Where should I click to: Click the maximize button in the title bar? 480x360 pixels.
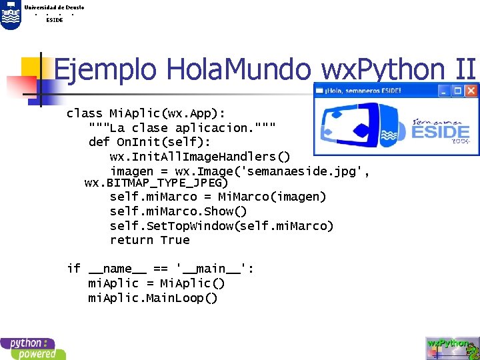[458, 90]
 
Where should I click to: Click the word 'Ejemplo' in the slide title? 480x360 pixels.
[106, 69]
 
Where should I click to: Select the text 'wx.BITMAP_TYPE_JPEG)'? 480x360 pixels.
[157, 182]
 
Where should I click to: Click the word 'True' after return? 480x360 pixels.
[175, 240]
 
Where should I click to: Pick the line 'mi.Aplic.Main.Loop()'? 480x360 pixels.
[153, 297]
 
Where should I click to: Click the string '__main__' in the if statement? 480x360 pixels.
[211, 269]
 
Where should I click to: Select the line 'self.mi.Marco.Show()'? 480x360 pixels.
[178, 211]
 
